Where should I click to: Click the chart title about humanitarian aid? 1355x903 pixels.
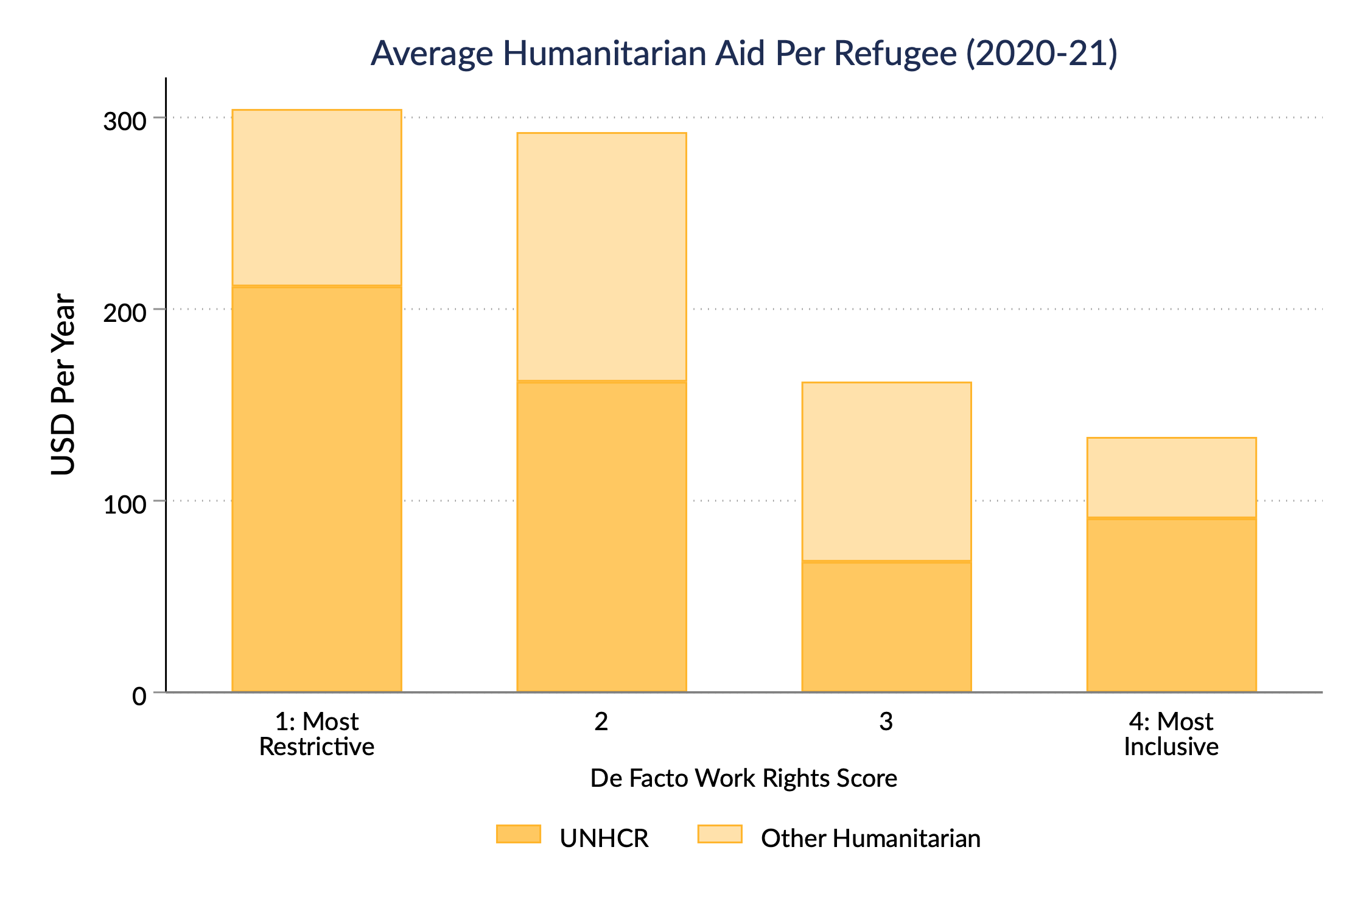click(744, 53)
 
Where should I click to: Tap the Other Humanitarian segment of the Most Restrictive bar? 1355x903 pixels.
click(317, 198)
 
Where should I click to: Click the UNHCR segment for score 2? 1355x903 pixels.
click(601, 536)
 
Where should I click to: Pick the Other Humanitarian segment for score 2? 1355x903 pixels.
click(601, 257)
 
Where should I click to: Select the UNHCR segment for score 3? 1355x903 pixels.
click(886, 626)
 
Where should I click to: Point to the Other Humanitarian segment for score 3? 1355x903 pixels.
click(886, 472)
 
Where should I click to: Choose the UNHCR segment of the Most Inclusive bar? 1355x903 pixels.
click(1171, 605)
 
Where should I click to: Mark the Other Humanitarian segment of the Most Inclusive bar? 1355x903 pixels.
click(1171, 478)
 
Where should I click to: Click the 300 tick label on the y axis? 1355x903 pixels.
click(125, 122)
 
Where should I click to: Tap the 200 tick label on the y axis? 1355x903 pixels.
click(125, 313)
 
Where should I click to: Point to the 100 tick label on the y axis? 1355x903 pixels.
click(125, 504)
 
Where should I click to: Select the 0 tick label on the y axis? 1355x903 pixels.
click(139, 696)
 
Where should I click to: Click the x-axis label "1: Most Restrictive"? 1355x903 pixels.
click(317, 734)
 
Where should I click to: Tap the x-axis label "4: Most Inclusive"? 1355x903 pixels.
click(1171, 734)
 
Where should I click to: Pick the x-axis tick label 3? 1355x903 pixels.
click(886, 722)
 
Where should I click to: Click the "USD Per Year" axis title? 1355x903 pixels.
click(63, 385)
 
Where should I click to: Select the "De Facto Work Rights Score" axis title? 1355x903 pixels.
click(744, 778)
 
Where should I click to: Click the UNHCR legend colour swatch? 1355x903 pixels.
click(519, 834)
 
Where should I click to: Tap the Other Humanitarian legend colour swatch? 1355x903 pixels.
click(720, 834)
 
